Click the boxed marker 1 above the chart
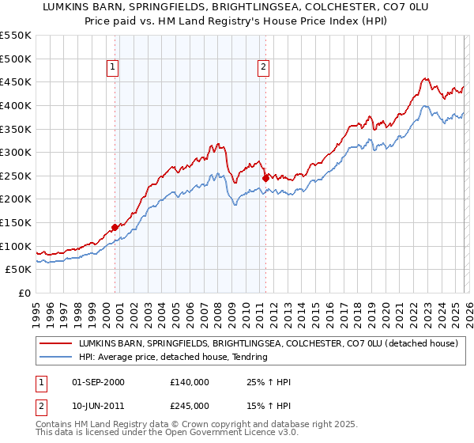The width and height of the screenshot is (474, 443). pyautogui.click(x=114, y=68)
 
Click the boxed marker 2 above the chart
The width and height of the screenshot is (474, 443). pyautogui.click(x=262, y=68)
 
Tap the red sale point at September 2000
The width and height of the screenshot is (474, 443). pyautogui.click(x=115, y=227)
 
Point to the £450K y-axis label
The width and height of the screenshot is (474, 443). pyautogui.click(x=16, y=81)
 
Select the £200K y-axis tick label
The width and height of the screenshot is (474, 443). pyautogui.click(x=16, y=199)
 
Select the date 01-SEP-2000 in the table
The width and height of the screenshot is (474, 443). pyautogui.click(x=98, y=382)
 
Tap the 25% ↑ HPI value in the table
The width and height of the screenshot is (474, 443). pyautogui.click(x=269, y=382)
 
